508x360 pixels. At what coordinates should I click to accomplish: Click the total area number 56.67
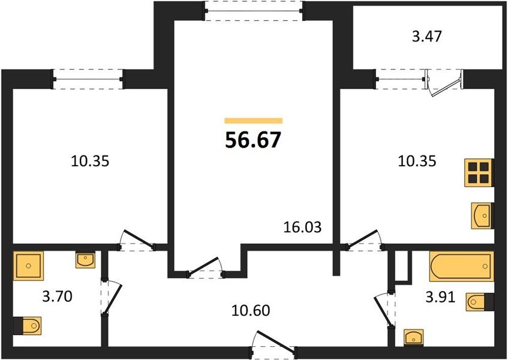coord(253,140)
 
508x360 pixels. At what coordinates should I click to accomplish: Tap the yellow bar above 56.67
coord(253,121)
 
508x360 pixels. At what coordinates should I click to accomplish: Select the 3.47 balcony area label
coord(426,36)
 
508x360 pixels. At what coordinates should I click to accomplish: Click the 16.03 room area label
coord(302,227)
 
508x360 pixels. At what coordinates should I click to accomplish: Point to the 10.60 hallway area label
coord(251,310)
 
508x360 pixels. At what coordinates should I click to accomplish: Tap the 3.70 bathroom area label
coord(58,296)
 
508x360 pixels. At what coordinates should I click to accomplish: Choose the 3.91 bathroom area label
coord(440,297)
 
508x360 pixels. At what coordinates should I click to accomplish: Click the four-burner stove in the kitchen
coord(479,173)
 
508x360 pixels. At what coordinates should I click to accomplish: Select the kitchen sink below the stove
coord(482,215)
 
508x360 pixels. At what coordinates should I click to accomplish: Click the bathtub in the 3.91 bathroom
coord(462,266)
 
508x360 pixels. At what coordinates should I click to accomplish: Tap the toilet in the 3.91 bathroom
coord(480,302)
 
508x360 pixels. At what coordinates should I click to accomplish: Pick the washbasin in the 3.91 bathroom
coord(414,338)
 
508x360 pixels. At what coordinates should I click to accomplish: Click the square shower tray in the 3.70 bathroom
coord(28,266)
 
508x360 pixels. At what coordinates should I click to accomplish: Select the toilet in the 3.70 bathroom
coord(28,326)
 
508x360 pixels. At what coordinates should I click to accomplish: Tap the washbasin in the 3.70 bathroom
coord(86,260)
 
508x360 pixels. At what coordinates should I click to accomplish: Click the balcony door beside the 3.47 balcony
coord(444,83)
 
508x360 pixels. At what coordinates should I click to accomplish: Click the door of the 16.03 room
coord(205,268)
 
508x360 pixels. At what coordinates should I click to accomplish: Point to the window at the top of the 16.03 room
coord(254,11)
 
